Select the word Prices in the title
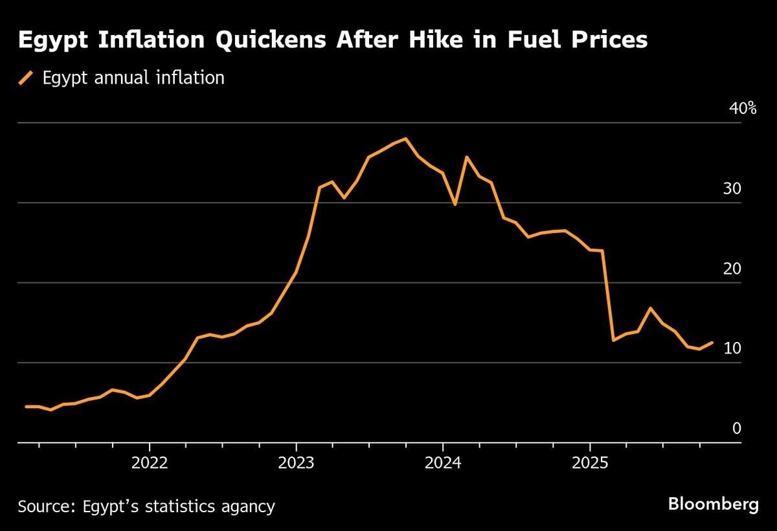tap(607, 40)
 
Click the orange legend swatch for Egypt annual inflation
tap(26, 78)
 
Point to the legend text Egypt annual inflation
tap(133, 78)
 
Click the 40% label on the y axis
tap(743, 108)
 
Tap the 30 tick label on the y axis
tap(732, 188)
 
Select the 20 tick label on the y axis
tap(732, 268)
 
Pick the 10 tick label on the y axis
tap(732, 348)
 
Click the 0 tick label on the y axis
tap(736, 428)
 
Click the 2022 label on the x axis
tap(149, 464)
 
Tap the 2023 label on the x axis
tap(296, 464)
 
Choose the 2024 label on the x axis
tap(443, 464)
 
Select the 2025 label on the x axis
tap(590, 464)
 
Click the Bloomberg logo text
tap(713, 504)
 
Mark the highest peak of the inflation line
tap(405, 139)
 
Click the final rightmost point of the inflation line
tap(712, 343)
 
